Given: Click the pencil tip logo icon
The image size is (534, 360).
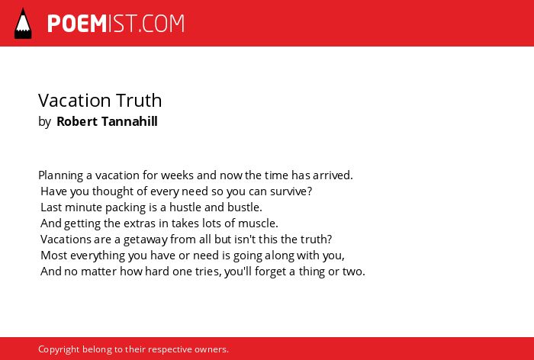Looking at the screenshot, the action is [23, 24].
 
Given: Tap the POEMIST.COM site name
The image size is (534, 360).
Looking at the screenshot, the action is [116, 24].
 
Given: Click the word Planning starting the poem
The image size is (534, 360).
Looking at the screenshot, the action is [60, 175].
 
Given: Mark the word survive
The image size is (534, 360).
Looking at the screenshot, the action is [291, 191].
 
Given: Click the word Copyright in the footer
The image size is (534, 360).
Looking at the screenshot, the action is [59, 350].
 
